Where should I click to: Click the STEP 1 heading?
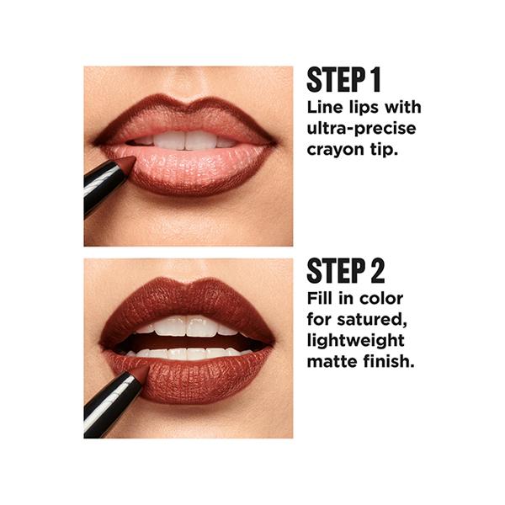[344, 80]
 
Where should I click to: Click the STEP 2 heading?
[346, 271]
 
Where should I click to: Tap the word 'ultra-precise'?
[361, 129]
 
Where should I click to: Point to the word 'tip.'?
[385, 149]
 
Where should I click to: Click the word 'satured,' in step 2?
[372, 320]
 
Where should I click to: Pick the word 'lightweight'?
[355, 341]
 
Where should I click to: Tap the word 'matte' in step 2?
[332, 361]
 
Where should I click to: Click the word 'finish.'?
[389, 361]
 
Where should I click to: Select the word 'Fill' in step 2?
[320, 298]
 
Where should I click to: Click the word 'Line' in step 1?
[325, 107]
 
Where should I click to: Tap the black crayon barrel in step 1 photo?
[102, 188]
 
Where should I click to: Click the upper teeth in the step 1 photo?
[184, 141]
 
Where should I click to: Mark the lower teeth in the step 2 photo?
[187, 353]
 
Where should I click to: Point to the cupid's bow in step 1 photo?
[188, 104]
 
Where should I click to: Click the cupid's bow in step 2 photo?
[188, 286]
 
